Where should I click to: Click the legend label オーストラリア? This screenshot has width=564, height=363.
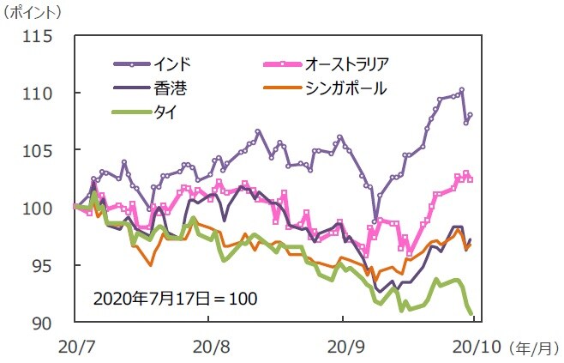pos(347,64)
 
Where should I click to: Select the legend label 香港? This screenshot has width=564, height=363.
pos(171,88)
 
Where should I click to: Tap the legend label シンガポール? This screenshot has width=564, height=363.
pos(345,88)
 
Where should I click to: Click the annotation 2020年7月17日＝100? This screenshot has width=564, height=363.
pos(175,299)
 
